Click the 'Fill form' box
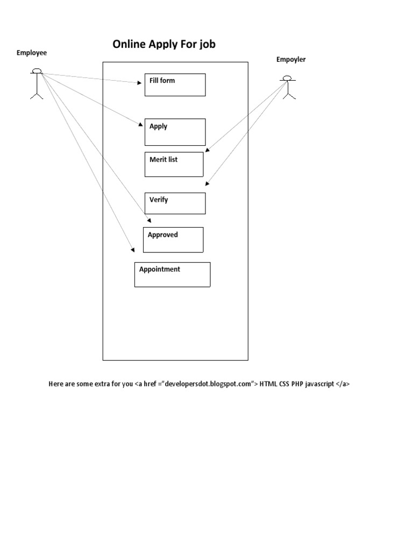pyautogui.click(x=175, y=85)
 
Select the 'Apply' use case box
pyautogui.click(x=175, y=132)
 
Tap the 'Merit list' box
pyautogui.click(x=174, y=164)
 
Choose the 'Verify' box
pyautogui.click(x=175, y=203)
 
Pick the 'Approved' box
pyautogui.click(x=173, y=239)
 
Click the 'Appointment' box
pyautogui.click(x=172, y=274)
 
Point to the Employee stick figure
pyautogui.click(x=37, y=83)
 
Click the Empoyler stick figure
pyautogui.click(x=289, y=87)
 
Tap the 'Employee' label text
pyautogui.click(x=32, y=53)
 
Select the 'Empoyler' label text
pyautogui.click(x=291, y=60)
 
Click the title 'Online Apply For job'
pyautogui.click(x=164, y=45)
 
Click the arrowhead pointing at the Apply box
pyautogui.click(x=140, y=125)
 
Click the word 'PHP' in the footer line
pyautogui.click(x=297, y=384)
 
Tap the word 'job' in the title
pyautogui.click(x=207, y=45)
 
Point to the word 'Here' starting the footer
pyautogui.click(x=56, y=384)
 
